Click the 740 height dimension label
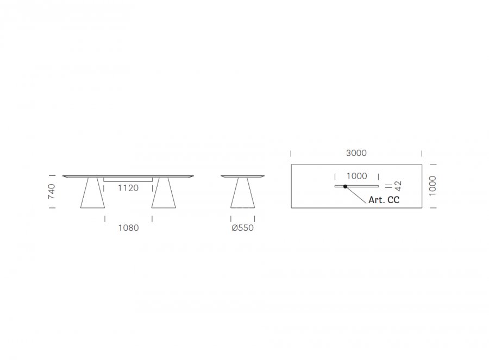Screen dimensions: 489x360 tap(52, 191)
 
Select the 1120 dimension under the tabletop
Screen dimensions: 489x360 tap(128, 188)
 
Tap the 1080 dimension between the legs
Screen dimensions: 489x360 tap(128, 228)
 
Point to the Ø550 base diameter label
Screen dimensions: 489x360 tap(243, 228)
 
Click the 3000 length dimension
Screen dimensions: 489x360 tap(356, 153)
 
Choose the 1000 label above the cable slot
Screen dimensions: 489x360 tap(357, 176)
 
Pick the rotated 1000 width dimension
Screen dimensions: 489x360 tap(432, 186)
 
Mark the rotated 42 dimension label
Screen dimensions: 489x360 tap(398, 186)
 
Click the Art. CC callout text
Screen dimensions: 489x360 tap(384, 200)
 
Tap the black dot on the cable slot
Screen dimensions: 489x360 tap(345, 186)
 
